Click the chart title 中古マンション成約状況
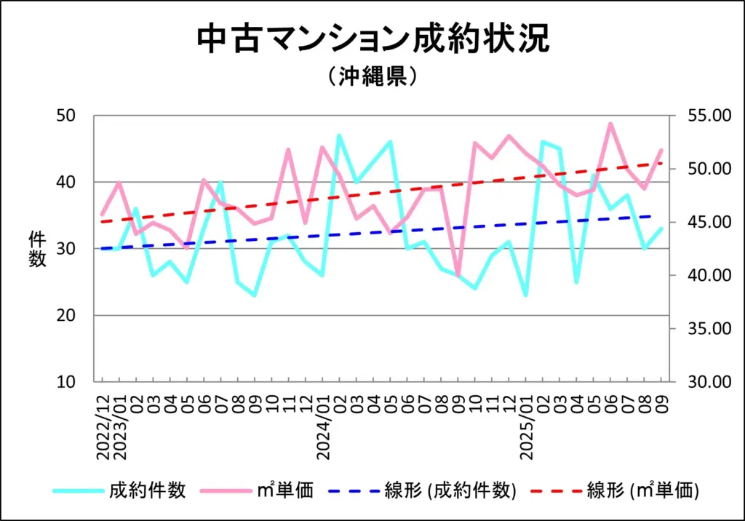tap(372, 39)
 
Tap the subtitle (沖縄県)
tap(372, 76)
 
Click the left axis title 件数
tap(37, 249)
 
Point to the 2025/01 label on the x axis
tap(526, 426)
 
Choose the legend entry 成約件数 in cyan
tap(148, 490)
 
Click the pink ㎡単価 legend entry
tap(288, 490)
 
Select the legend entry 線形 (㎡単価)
tap(642, 490)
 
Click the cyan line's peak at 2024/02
tap(339, 135)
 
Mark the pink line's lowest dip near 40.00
tap(458, 275)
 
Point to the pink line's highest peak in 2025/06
tap(610, 124)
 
